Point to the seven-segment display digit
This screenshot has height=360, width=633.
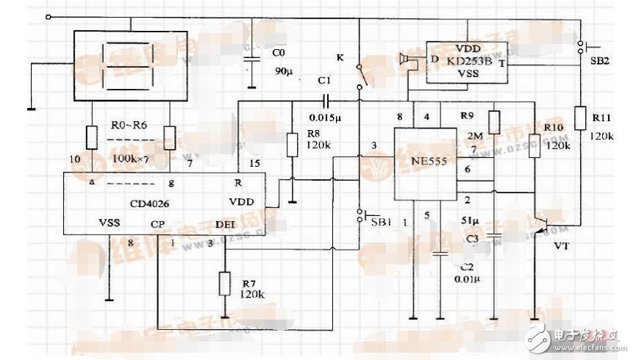124,65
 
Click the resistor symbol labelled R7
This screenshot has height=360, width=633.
224,282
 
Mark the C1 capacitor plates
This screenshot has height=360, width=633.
324,101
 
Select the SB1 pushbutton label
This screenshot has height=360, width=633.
381,221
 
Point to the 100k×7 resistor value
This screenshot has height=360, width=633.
130,158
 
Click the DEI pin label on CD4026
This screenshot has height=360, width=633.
225,223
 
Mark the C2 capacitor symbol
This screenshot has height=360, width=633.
440,253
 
